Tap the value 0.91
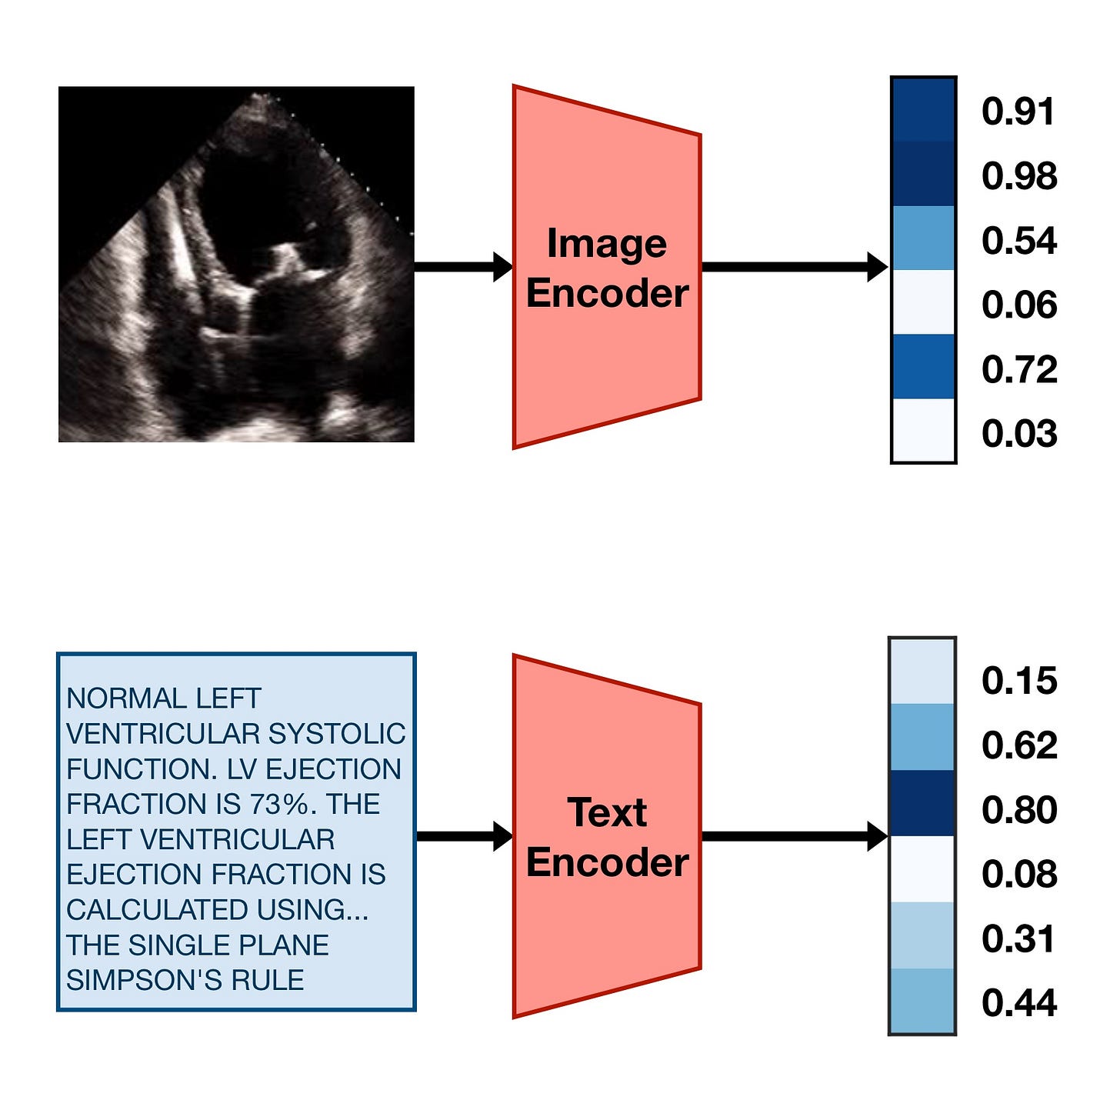[1018, 112]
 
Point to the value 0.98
[1018, 176]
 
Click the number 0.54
[1018, 241]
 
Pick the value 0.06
[1018, 305]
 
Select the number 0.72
[1018, 370]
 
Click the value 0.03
[1018, 434]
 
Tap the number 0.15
[1018, 681]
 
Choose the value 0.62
[1018, 745]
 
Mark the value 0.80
[1018, 810]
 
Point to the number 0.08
[1018, 875]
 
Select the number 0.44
[1018, 1003]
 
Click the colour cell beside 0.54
[923, 238]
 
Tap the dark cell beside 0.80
[922, 803]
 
